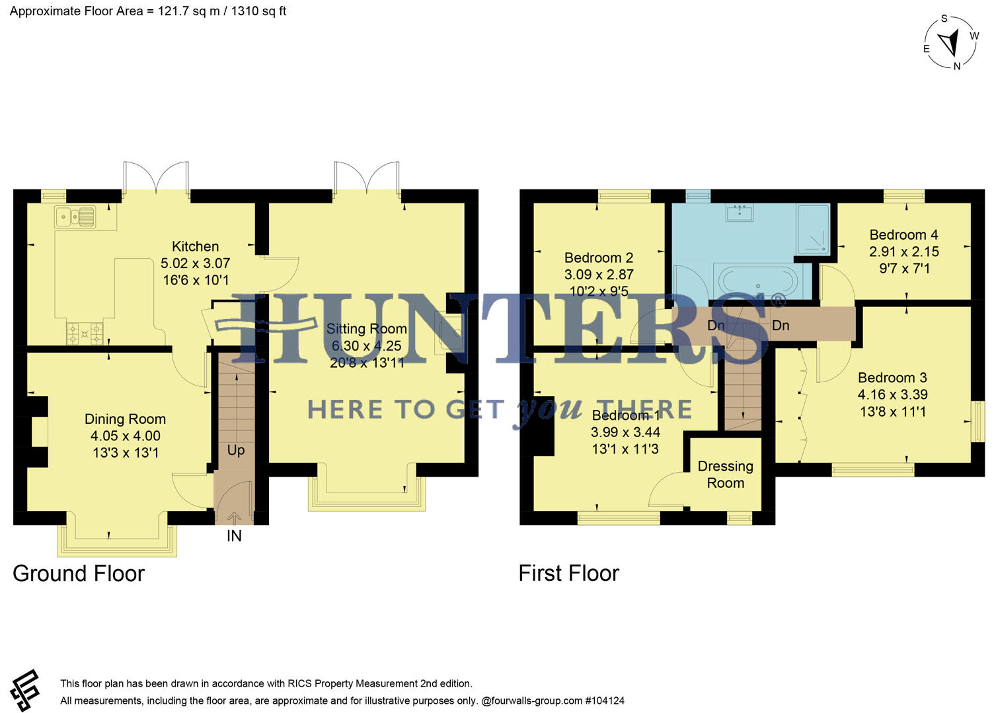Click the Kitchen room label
[195, 247]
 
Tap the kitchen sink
[75, 217]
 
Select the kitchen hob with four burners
[85, 333]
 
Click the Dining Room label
[125, 419]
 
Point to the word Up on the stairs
[236, 450]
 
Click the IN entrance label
[234, 536]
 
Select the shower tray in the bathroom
[812, 230]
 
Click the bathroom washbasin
[740, 212]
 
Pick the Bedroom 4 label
[903, 235]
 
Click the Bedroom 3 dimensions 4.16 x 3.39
[892, 395]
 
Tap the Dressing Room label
[725, 475]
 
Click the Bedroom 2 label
[599, 258]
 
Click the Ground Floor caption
[79, 574]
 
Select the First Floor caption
[568, 574]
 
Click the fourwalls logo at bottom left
[25, 691]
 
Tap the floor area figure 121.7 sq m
[188, 11]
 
